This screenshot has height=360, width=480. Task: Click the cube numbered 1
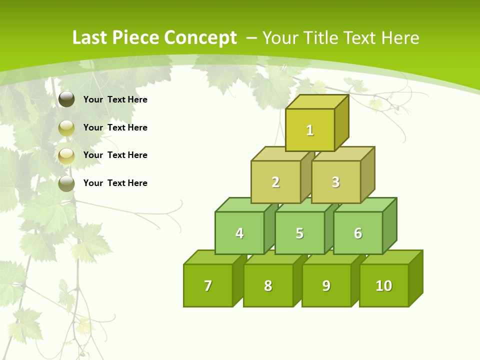pyautogui.click(x=310, y=130)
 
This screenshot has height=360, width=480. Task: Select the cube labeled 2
pyautogui.click(x=275, y=182)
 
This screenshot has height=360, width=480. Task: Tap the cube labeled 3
pyautogui.click(x=335, y=182)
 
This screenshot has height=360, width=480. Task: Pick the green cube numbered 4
pyautogui.click(x=239, y=233)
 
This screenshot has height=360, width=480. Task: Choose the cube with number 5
pyautogui.click(x=299, y=233)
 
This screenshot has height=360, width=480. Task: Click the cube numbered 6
pyautogui.click(x=358, y=233)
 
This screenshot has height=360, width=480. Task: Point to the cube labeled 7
pyautogui.click(x=208, y=285)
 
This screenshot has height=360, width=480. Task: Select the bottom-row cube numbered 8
pyautogui.click(x=268, y=285)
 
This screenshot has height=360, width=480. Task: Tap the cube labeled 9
pyautogui.click(x=326, y=285)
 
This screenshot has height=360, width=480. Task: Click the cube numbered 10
pyautogui.click(x=383, y=285)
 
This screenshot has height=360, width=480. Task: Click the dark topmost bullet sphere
pyautogui.click(x=66, y=99)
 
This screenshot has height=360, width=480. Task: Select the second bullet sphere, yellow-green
pyautogui.click(x=66, y=128)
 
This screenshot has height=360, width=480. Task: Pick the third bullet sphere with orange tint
pyautogui.click(x=66, y=156)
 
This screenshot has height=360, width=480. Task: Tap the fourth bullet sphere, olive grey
pyautogui.click(x=66, y=183)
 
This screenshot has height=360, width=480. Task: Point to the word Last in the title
pyautogui.click(x=90, y=38)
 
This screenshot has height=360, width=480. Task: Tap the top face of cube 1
pyautogui.click(x=317, y=101)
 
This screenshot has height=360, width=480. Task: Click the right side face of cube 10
pyautogui.click(x=415, y=278)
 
